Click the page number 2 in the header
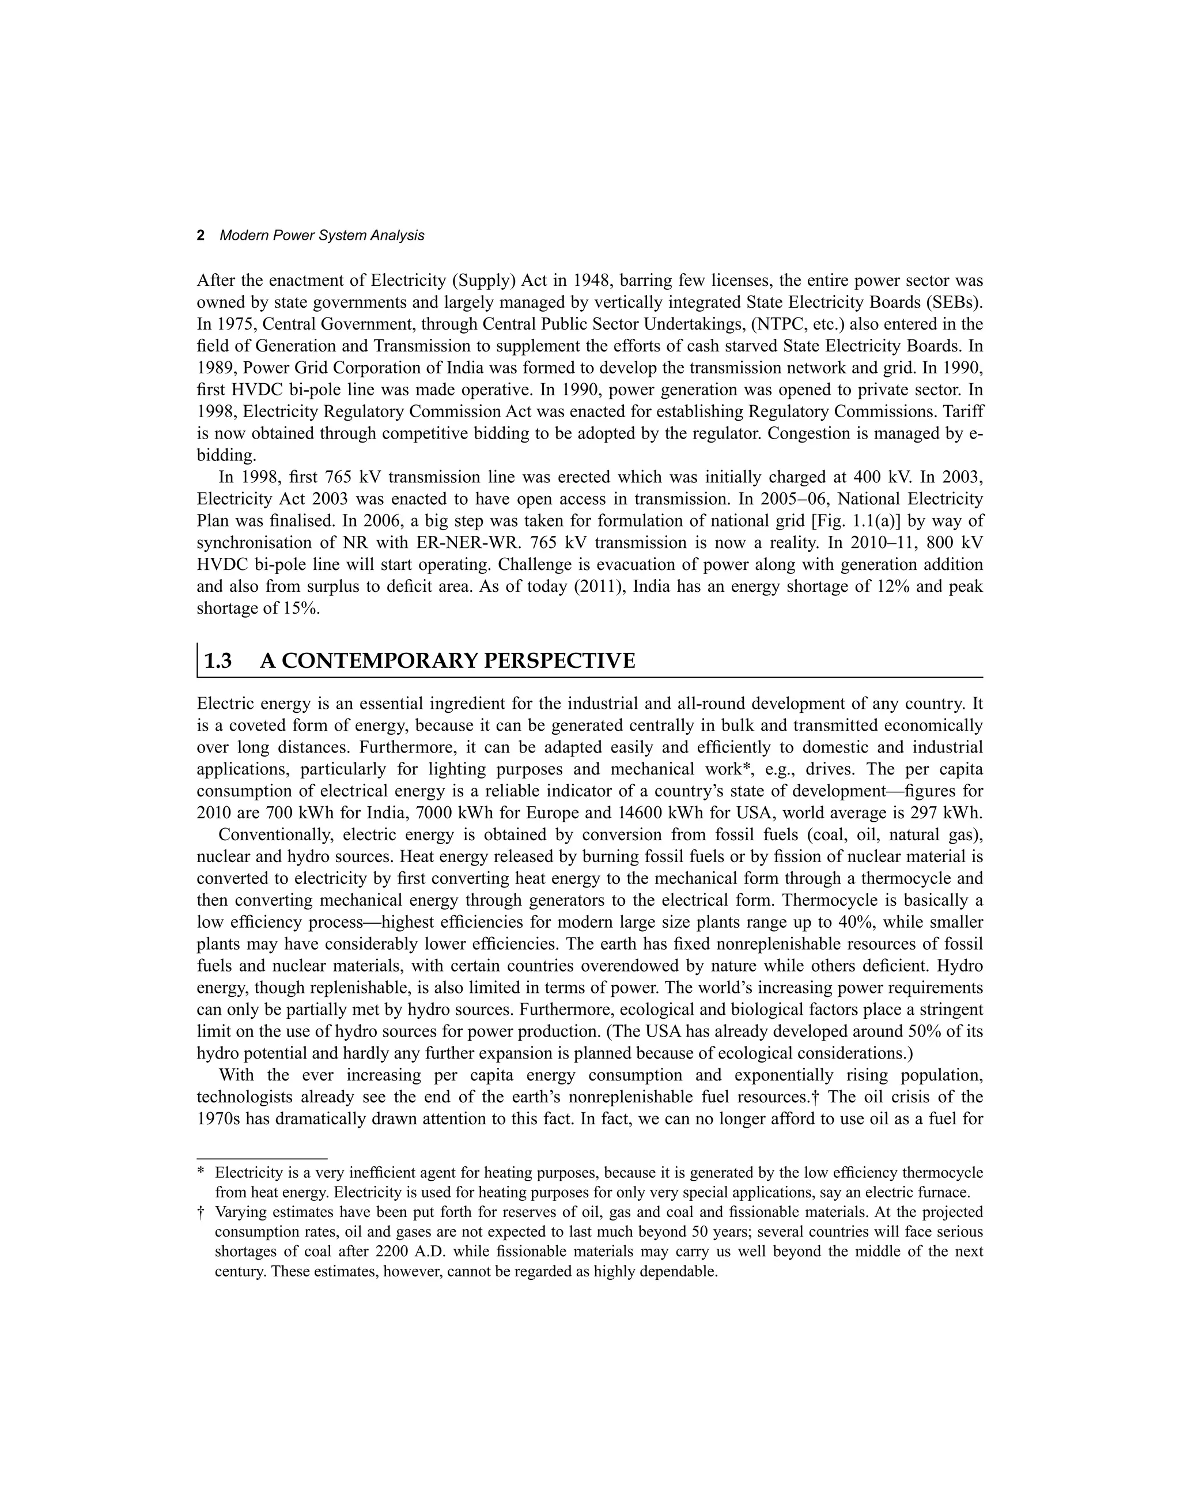pyautogui.click(x=201, y=236)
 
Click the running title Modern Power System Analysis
pyautogui.click(x=322, y=236)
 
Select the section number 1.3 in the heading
pyautogui.click(x=218, y=661)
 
